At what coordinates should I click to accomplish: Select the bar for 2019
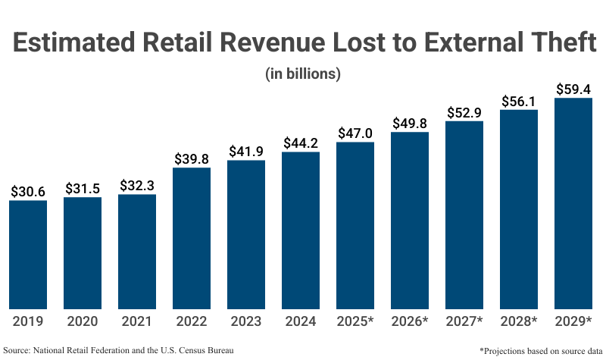(x=28, y=255)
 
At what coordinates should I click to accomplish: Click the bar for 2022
(x=192, y=238)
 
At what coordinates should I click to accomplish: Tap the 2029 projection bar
(x=573, y=203)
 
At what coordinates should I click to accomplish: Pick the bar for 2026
(x=410, y=221)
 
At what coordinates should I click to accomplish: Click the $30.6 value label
(x=28, y=192)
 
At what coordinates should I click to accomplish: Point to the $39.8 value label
(x=192, y=158)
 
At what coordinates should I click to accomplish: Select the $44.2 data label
(x=301, y=143)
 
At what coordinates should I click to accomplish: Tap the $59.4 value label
(x=573, y=89)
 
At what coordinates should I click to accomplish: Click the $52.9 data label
(x=464, y=112)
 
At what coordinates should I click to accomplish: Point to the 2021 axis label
(x=137, y=321)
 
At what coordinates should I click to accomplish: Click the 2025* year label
(x=355, y=321)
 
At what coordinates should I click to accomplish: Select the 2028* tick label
(x=519, y=321)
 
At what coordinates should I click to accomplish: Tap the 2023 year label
(x=246, y=321)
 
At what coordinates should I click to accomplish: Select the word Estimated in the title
(x=73, y=42)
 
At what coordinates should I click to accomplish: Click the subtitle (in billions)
(x=303, y=74)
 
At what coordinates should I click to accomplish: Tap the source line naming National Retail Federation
(x=118, y=350)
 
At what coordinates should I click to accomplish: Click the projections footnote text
(x=541, y=351)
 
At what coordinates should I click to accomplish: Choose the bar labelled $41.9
(x=246, y=234)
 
